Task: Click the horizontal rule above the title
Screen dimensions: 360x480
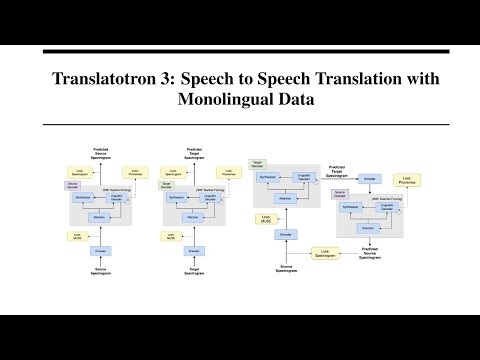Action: click(240, 46)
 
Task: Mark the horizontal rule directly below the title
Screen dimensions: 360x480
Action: click(240, 124)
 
